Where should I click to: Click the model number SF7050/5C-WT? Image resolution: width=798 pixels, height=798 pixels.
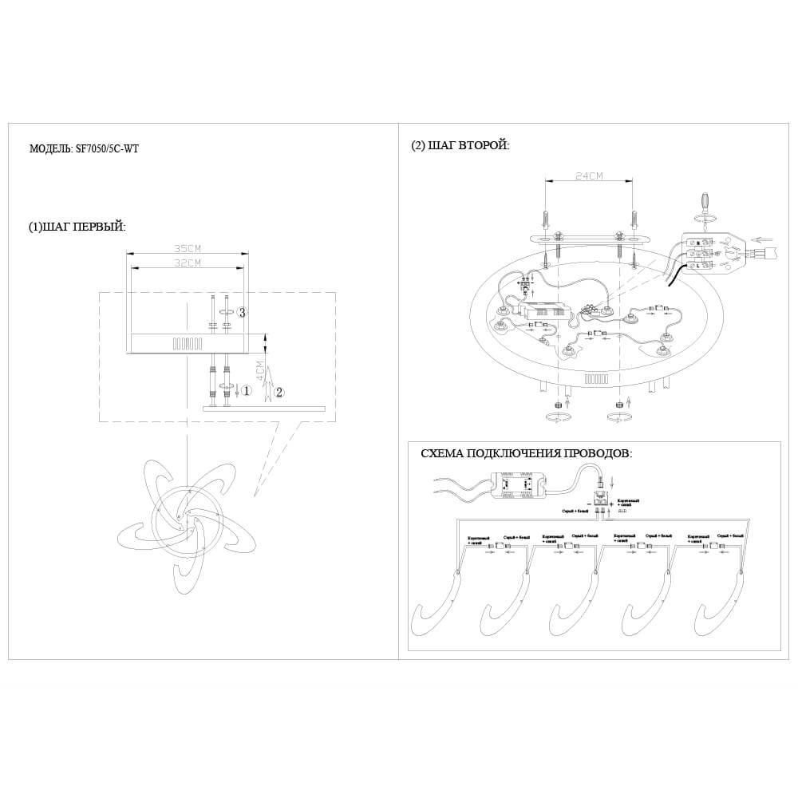[x=107, y=148]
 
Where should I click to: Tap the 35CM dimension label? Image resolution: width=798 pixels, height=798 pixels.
[x=188, y=248]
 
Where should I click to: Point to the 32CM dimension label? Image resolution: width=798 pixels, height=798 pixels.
[x=186, y=263]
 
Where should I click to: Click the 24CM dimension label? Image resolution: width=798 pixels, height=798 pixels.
[x=588, y=176]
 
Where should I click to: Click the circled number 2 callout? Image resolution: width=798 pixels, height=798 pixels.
[x=279, y=392]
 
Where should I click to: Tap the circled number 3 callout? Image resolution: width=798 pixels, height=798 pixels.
[x=243, y=313]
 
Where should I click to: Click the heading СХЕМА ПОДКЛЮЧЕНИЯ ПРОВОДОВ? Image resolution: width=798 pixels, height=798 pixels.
[x=526, y=453]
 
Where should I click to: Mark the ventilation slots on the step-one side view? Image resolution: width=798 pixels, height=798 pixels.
[x=186, y=344]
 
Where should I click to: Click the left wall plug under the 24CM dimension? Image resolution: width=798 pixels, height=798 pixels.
[x=545, y=217]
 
